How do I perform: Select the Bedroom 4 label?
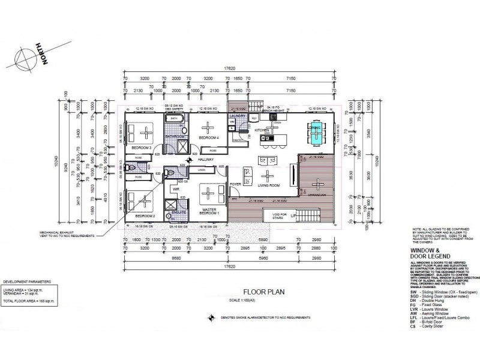click(208, 137)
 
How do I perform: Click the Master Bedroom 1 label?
click(209, 211)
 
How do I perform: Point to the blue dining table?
click(314, 134)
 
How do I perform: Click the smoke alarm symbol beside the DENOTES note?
click(209, 319)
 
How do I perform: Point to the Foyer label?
click(235, 184)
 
